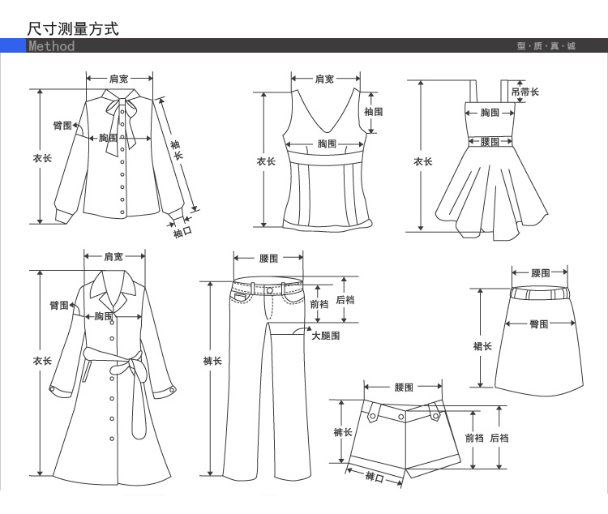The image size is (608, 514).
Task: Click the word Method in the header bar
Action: pyautogui.click(x=51, y=46)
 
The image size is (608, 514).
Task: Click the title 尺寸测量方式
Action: pyautogui.click(x=73, y=29)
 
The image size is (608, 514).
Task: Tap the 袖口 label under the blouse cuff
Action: pyautogui.click(x=182, y=233)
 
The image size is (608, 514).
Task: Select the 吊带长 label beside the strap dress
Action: pyautogui.click(x=525, y=92)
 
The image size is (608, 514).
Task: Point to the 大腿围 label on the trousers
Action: pyautogui.click(x=325, y=335)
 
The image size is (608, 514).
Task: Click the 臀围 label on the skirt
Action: pyautogui.click(x=539, y=324)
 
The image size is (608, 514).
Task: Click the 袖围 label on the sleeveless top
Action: pyautogui.click(x=373, y=112)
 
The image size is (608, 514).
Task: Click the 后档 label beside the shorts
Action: pyautogui.click(x=499, y=438)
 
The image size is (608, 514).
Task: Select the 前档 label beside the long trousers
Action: pyautogui.click(x=319, y=304)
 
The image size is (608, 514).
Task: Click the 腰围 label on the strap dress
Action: pyautogui.click(x=489, y=142)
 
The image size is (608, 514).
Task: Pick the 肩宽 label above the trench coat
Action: pyautogui.click(x=113, y=257)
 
